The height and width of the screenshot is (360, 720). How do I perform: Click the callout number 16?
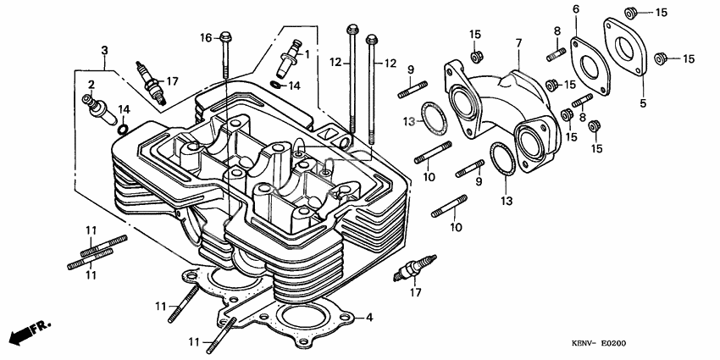[x=206, y=37]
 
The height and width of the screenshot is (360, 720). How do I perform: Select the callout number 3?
[x=104, y=51]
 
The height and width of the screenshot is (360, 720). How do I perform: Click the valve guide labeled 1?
[x=293, y=58]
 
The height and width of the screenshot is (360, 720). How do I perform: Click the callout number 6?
[x=576, y=9]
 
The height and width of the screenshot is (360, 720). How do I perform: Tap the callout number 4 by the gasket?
[x=368, y=318]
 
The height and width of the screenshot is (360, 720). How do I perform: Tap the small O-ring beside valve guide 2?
[x=124, y=130]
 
